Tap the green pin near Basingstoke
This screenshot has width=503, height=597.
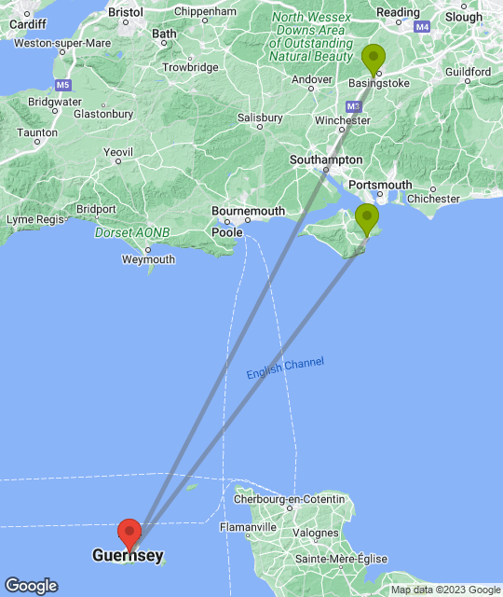pyautogui.click(x=374, y=58)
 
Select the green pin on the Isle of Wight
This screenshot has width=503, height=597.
pyautogui.click(x=368, y=219)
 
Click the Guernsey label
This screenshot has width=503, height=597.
pyautogui.click(x=128, y=556)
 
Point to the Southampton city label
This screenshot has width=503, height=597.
pyautogui.click(x=326, y=160)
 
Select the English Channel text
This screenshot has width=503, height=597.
pyautogui.click(x=285, y=368)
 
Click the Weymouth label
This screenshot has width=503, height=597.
pyautogui.click(x=148, y=258)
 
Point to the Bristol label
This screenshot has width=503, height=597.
pyautogui.click(x=125, y=12)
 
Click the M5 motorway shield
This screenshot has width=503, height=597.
pyautogui.click(x=63, y=85)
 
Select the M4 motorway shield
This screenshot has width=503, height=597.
pyautogui.click(x=423, y=28)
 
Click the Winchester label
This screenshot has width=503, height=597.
pyautogui.click(x=336, y=120)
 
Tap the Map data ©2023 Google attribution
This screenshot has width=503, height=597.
pyautogui.click(x=445, y=590)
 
